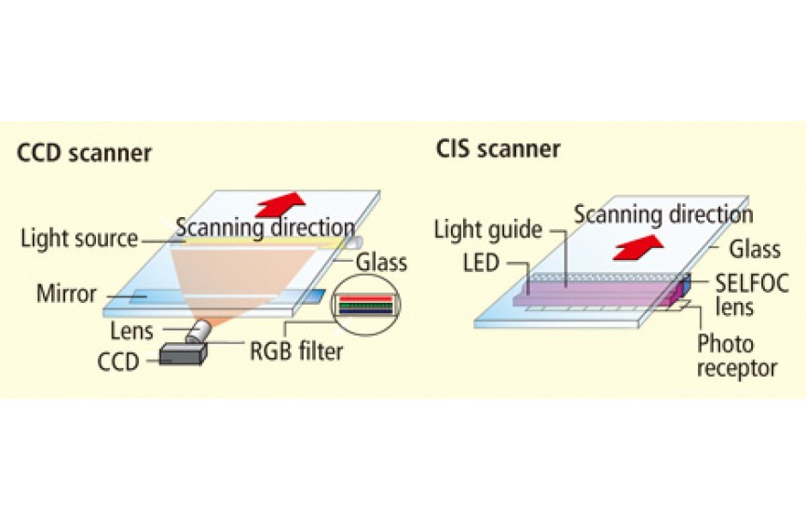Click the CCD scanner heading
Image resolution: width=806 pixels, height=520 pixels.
(84, 153)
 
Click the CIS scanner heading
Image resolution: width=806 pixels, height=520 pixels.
(498, 148)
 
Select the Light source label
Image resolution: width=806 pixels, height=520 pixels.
(78, 239)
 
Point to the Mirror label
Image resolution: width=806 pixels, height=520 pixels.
(66, 294)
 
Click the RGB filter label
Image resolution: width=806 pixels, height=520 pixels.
(295, 351)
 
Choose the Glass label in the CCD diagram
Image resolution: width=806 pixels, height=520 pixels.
(381, 262)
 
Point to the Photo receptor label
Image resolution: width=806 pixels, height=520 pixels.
(735, 356)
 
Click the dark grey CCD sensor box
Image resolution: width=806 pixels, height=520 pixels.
(182, 354)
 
